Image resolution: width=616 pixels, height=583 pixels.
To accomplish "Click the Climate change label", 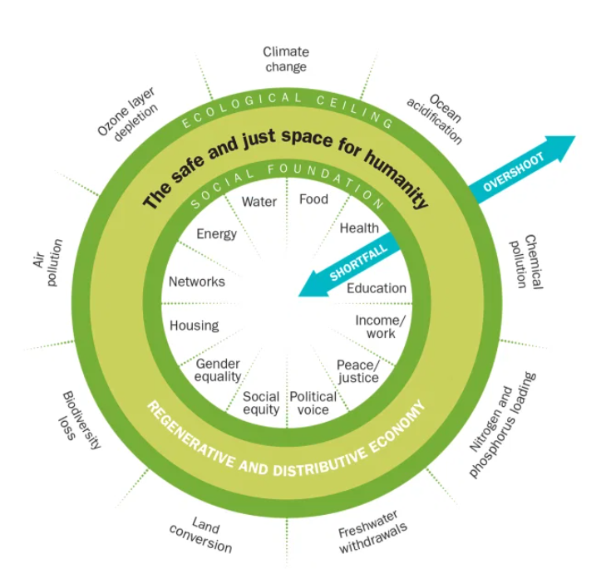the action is (286, 59).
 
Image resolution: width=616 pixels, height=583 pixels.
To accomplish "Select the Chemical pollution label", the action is (526, 262).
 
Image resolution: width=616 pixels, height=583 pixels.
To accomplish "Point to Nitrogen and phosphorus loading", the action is (501, 424).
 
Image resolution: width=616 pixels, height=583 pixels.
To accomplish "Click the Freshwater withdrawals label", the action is (372, 532).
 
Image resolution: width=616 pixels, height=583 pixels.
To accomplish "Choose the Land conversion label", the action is (201, 535).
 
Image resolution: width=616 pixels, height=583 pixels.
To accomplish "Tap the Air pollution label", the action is (47, 262).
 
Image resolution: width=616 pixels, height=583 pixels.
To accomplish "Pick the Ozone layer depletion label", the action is (128, 114).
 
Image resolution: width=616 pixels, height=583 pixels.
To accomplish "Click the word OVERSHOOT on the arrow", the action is (514, 172).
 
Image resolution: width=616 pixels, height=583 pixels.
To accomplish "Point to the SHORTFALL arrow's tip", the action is (298, 296).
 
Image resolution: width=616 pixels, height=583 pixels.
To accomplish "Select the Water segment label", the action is (259, 202).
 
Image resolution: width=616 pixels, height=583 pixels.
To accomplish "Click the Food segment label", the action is (313, 199).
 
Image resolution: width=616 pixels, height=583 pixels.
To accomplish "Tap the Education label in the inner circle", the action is (377, 288).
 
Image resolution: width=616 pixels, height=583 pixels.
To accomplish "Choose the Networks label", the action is (197, 282).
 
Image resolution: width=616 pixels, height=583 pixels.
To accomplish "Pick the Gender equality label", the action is (218, 370).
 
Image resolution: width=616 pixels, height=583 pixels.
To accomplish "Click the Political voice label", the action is (313, 403).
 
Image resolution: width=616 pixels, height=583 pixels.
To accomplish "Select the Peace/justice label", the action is (358, 371).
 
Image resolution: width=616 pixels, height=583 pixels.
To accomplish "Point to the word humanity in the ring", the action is (397, 179).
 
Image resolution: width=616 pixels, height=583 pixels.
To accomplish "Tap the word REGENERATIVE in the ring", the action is (190, 435).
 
